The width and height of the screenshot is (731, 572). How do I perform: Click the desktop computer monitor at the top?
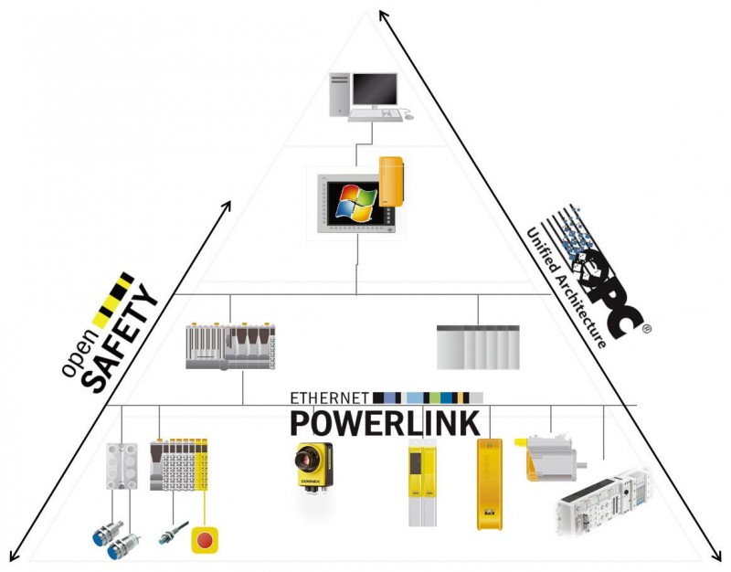[375, 90]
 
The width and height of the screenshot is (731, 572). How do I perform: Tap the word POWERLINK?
[384, 423]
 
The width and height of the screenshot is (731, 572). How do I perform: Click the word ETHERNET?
[329, 397]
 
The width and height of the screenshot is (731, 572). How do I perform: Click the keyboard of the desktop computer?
[376, 116]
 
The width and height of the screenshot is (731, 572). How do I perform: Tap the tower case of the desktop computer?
[338, 94]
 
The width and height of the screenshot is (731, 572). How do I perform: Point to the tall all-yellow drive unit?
[490, 483]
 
